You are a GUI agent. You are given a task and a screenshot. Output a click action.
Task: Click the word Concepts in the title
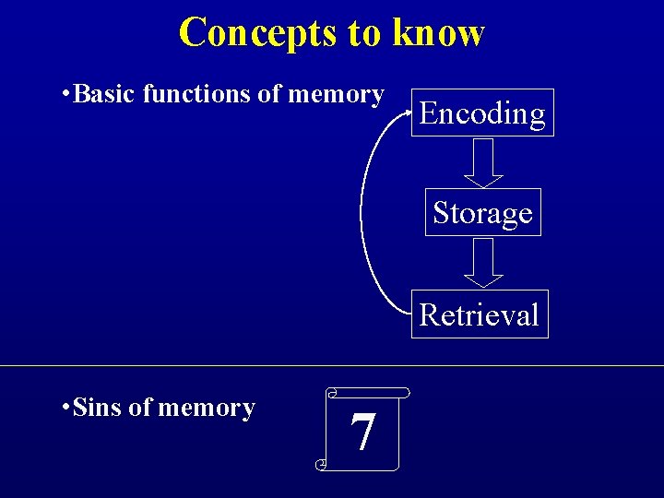pos(258,32)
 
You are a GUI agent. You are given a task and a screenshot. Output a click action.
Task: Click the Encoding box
pos(482,113)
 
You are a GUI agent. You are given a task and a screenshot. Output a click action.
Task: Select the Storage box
pos(482,213)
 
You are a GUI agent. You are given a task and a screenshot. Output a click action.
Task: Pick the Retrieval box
pos(479,314)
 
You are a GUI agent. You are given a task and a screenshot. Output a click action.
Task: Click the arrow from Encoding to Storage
pos(482,163)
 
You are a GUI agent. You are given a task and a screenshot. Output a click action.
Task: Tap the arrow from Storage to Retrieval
pos(482,264)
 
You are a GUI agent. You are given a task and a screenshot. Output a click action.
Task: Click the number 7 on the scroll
pos(363,432)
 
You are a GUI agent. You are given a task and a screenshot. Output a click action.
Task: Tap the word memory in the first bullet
pos(336,94)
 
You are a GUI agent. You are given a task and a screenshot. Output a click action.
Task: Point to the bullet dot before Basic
pos(62,95)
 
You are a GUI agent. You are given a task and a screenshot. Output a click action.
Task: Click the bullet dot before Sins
pos(62,409)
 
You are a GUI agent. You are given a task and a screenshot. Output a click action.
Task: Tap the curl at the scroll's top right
pos(404,392)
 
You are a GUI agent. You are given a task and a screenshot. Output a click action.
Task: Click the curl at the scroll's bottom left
pos(321,465)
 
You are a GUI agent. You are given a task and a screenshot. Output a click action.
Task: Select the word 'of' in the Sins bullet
pos(141,408)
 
